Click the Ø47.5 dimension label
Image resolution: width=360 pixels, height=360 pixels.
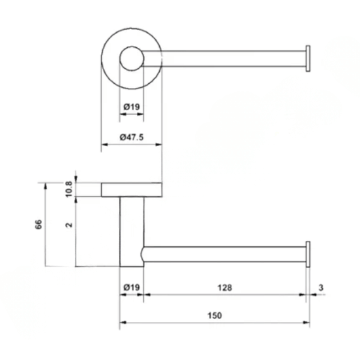pos(131,137)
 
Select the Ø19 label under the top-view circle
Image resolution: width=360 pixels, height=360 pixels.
pos(131,107)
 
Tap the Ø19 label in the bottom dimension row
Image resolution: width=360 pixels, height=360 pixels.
pos(131,287)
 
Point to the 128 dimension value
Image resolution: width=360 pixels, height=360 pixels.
pos(225,288)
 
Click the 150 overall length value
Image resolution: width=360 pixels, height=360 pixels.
pos(215,315)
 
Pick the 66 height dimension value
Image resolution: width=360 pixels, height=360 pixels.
pos(39,224)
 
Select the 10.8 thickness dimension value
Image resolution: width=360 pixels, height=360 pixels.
pos(69,189)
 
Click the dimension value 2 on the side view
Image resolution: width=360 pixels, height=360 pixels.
pos(69,225)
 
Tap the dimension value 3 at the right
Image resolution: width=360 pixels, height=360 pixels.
pos(321,287)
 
